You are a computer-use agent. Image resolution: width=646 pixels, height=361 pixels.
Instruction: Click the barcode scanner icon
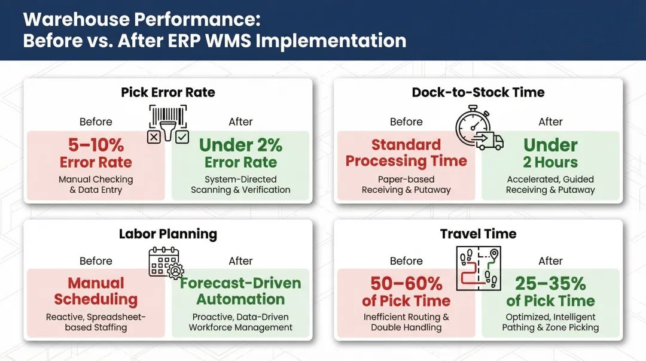168,124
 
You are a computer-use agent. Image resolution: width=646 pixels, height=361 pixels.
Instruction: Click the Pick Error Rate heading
168,92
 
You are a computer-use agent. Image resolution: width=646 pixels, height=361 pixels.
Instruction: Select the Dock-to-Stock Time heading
478,92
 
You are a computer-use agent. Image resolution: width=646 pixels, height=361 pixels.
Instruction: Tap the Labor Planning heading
168,233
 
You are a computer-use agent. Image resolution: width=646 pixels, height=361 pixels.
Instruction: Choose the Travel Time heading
478,233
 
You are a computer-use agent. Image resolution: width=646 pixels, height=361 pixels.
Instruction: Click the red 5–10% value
96,145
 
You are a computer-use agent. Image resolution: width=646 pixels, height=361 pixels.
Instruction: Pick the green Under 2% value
240,145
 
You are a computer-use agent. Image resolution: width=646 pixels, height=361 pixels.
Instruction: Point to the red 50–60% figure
406,283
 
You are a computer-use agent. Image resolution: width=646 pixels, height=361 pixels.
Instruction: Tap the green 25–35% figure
550,283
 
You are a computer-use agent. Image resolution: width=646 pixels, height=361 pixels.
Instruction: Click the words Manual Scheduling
96,291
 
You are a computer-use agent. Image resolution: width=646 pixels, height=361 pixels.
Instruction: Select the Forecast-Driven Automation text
240,291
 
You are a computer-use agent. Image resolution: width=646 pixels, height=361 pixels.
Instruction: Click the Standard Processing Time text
406,153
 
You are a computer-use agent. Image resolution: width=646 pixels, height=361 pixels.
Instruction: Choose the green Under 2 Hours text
550,153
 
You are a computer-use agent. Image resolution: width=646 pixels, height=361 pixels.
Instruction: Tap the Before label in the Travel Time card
406,261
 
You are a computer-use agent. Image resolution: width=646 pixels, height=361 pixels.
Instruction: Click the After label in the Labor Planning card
240,261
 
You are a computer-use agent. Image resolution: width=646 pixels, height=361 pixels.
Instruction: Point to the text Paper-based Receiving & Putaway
406,184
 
